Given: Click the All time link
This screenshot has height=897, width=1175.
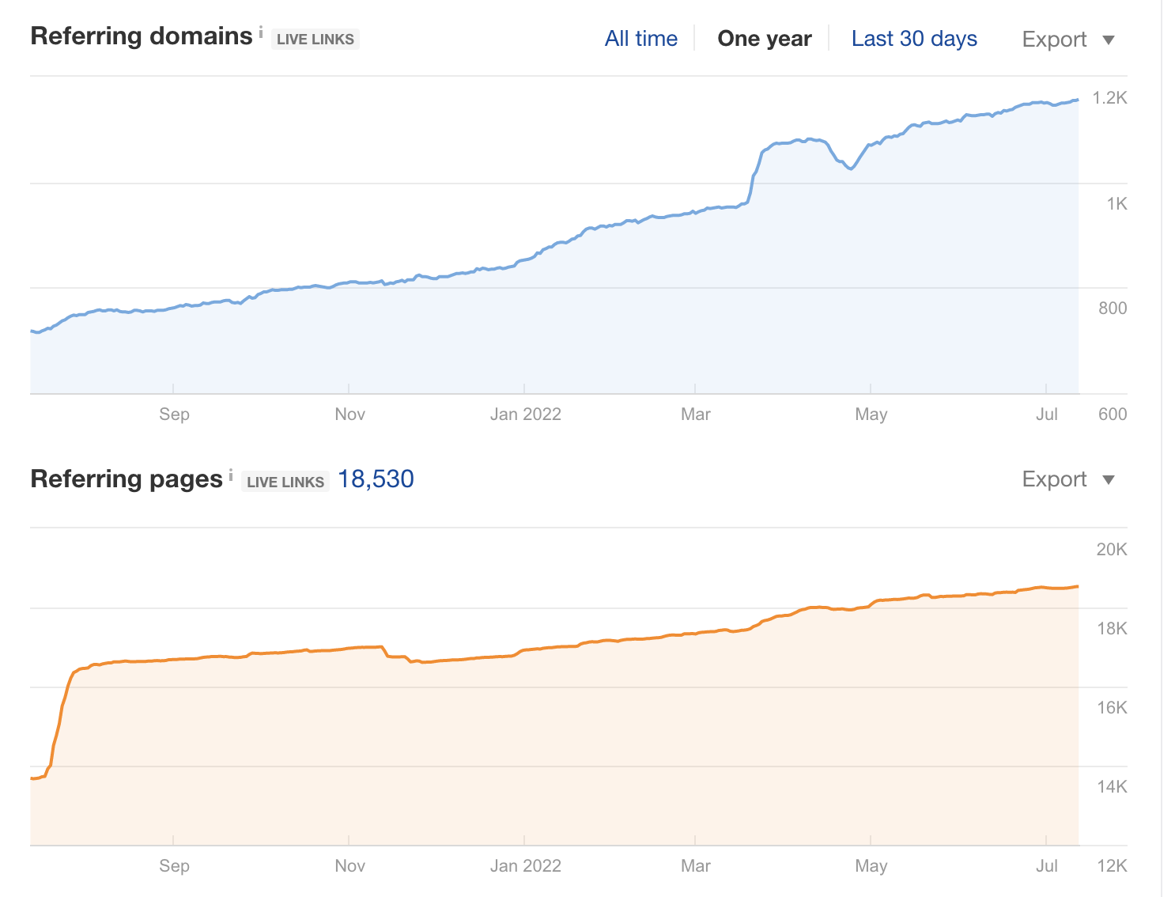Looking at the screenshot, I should click(640, 39).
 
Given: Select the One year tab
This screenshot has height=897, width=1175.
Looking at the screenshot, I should click(764, 39).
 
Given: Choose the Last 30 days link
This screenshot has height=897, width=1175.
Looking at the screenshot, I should click(914, 39).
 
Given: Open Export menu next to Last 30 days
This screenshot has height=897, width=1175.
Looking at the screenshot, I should click(1067, 40).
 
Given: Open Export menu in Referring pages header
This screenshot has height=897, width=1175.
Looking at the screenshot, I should click(1067, 479).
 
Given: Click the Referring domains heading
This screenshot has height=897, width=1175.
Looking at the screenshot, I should click(141, 36).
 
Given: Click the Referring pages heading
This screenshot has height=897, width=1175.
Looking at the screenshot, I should click(127, 479).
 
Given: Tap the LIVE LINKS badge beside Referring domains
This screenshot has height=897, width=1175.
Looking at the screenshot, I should click(315, 40).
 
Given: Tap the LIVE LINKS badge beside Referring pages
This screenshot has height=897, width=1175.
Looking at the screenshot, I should click(285, 482).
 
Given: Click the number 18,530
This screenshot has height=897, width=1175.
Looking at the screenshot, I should click(376, 479).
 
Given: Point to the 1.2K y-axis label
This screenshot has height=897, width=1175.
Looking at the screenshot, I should click(1109, 98).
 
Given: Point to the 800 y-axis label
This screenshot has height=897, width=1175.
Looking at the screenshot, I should click(1112, 308).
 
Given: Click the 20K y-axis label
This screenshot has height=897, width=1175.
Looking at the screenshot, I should click(1111, 550).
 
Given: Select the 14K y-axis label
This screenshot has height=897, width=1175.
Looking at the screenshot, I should click(1111, 787).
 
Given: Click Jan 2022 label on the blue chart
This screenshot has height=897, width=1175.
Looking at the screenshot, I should click(525, 414).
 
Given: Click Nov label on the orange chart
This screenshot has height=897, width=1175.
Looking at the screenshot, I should click(349, 866).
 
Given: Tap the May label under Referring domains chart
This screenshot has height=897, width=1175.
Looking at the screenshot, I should click(871, 414).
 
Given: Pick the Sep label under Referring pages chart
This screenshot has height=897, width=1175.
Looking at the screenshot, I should click(174, 866).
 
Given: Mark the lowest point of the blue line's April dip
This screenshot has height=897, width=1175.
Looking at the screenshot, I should click(851, 168).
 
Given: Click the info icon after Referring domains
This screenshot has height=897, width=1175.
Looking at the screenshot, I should click(261, 32).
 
